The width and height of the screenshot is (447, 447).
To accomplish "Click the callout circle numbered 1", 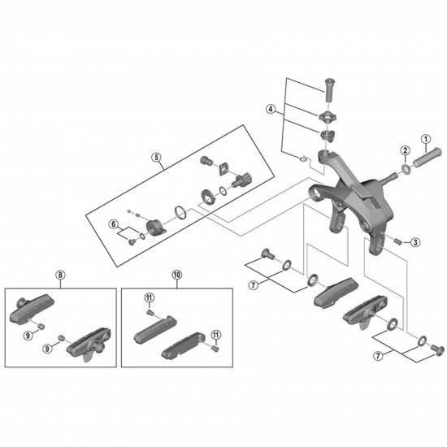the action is [x=426, y=140].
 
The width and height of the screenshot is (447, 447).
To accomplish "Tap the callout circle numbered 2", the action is [x=405, y=150].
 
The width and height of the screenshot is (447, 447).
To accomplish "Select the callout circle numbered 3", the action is [x=415, y=243].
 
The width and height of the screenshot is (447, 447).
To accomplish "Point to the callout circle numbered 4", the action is [x=271, y=109].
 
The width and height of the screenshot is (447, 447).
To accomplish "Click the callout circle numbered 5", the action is [x=156, y=157].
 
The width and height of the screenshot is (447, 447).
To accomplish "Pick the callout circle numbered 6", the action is [x=114, y=224].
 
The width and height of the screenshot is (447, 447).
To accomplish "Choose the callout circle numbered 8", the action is [x=60, y=275].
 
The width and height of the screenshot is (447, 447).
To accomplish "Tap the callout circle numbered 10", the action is [x=176, y=275].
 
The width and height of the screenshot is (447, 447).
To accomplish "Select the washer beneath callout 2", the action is [x=405, y=169].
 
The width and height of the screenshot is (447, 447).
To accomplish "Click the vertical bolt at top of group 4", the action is [x=329, y=89].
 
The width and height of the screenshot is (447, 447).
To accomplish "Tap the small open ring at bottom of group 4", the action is [x=303, y=158].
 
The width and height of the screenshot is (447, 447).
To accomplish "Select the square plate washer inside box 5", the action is [x=223, y=169].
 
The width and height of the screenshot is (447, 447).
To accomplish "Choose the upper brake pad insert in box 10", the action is [x=155, y=328].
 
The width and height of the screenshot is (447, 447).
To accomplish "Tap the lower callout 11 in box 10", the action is [x=216, y=334].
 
